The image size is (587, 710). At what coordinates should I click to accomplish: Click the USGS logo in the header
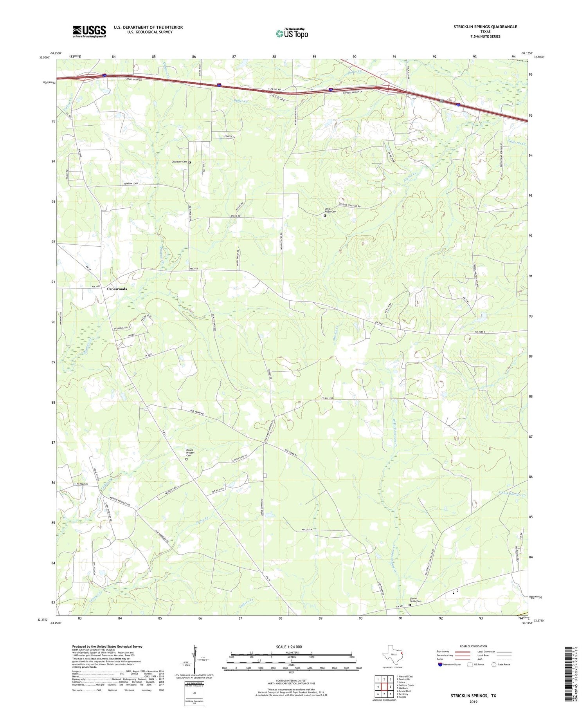tap(89, 31)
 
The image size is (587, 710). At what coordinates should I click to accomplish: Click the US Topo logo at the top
tap(292, 33)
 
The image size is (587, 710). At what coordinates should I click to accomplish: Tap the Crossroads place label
tap(117, 289)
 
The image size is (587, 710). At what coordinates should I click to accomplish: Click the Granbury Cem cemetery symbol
tap(190, 162)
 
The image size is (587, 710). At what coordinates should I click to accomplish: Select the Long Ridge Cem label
tap(330, 210)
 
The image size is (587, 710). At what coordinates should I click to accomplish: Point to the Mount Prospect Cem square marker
tap(186, 459)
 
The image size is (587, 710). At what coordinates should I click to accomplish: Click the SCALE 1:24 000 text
tap(288, 647)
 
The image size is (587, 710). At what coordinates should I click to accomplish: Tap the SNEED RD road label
tap(225, 216)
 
